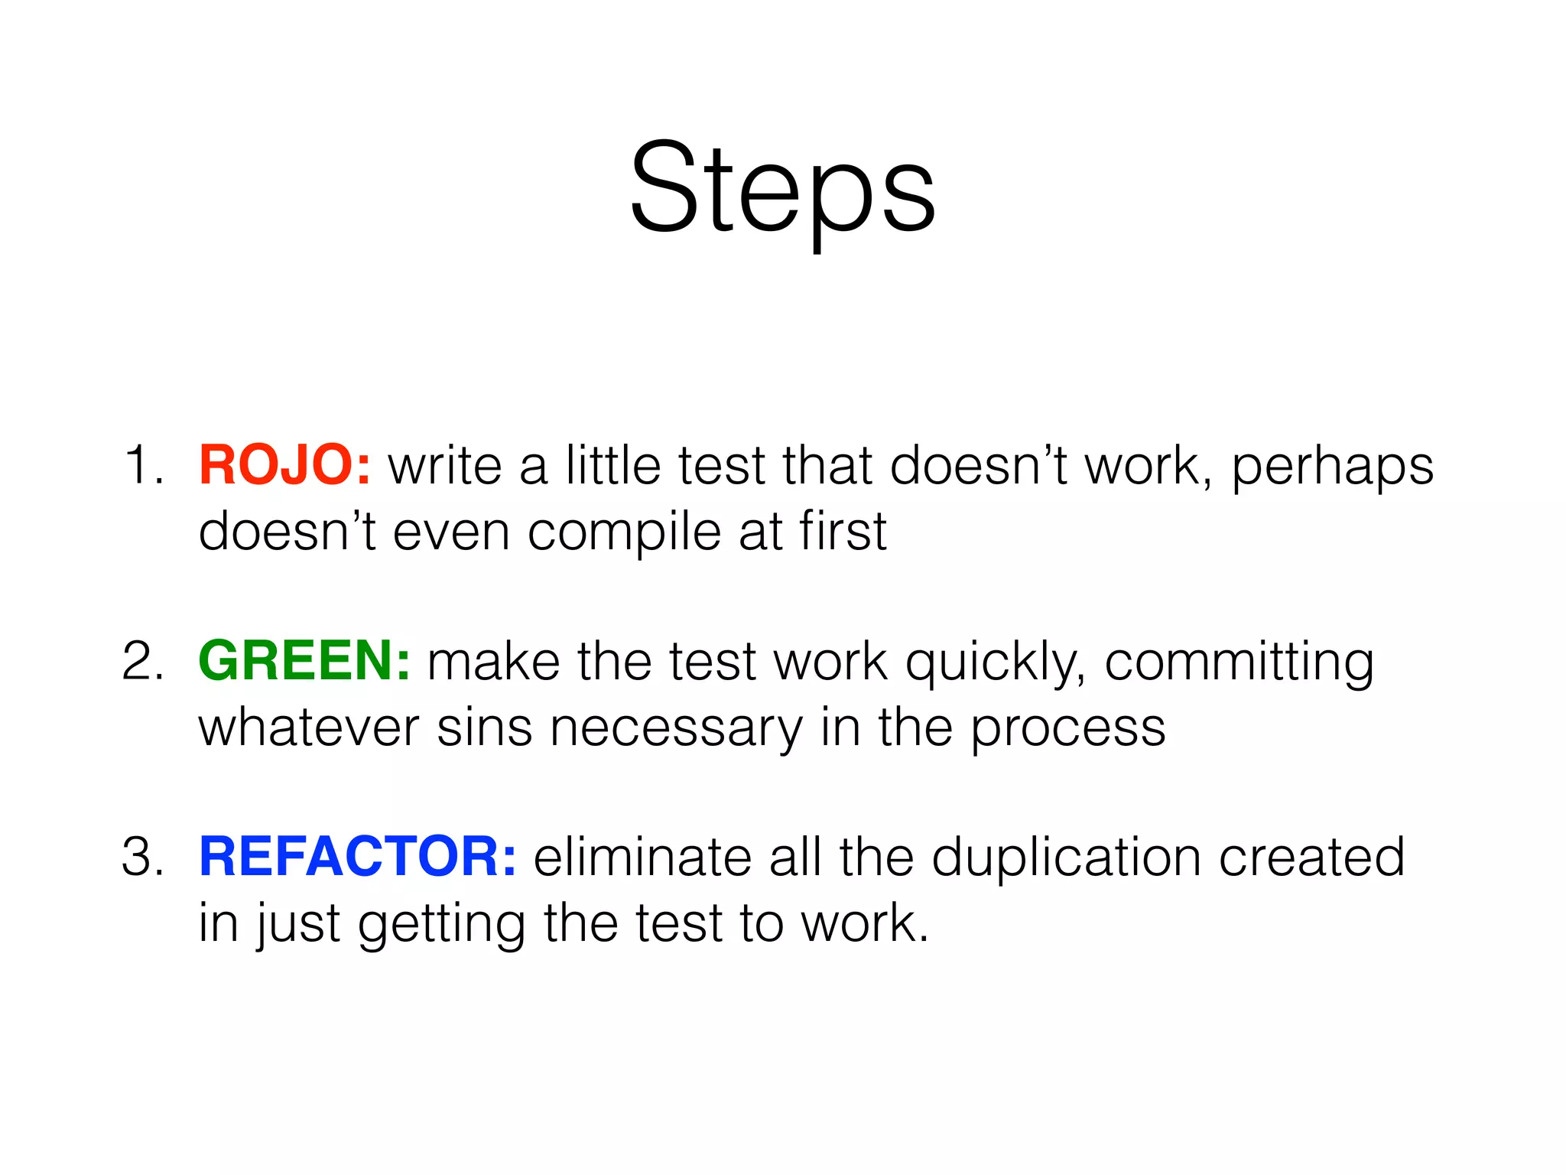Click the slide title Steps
pos(782,187)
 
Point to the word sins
pos(483,728)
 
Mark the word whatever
pos(308,728)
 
